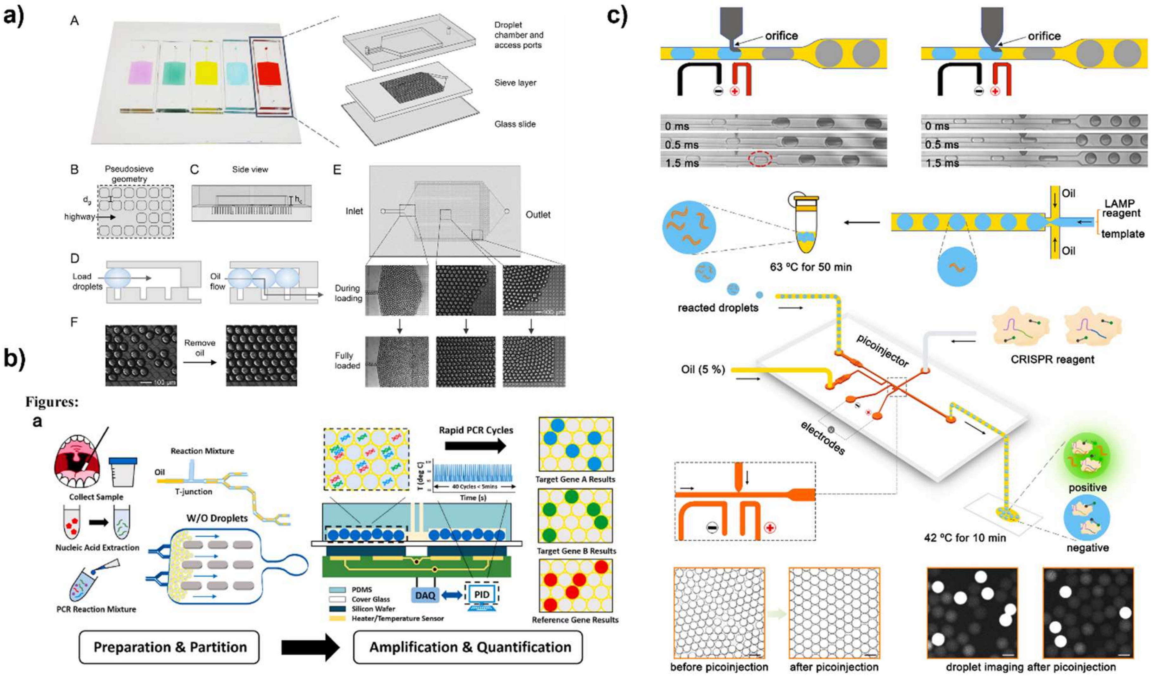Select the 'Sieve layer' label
point(515,83)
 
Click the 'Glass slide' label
point(515,124)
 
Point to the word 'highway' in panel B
point(79,216)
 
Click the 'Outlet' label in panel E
point(537,215)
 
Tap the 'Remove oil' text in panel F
point(200,348)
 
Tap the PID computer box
point(482,595)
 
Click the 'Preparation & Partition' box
point(170,647)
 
